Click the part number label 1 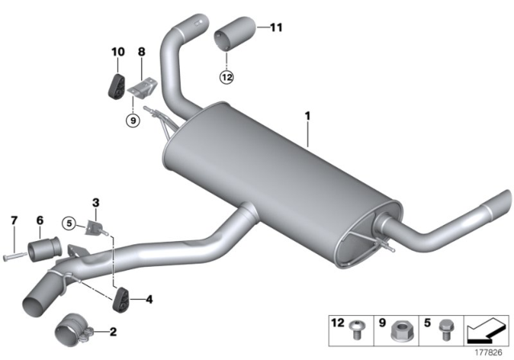coord(307,117)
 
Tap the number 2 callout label coord(112,331)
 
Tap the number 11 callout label coord(276,28)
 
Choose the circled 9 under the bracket coord(133,121)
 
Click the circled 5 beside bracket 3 coord(70,223)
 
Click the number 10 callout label coord(117,52)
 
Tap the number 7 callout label coord(14,220)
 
